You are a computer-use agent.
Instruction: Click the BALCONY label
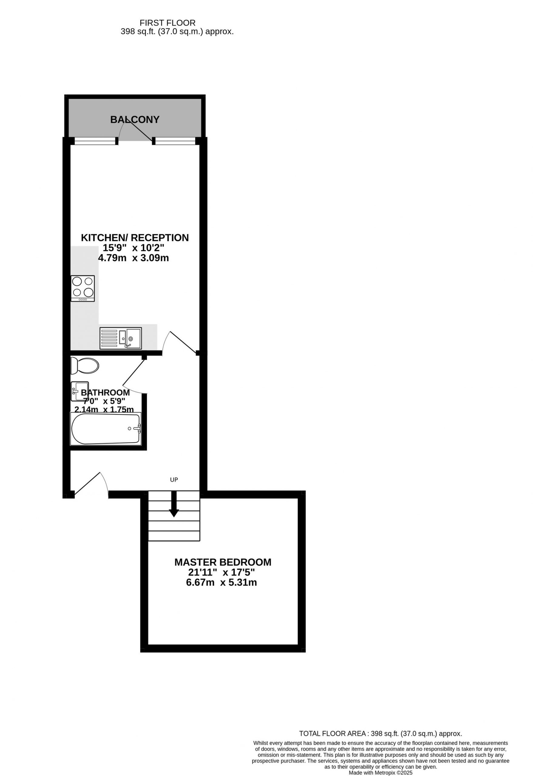point(135,119)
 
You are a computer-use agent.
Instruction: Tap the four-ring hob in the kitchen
point(83,289)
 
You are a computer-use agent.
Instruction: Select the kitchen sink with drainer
point(121,338)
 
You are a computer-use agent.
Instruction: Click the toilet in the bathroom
point(85,366)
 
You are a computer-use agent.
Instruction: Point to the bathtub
point(106,429)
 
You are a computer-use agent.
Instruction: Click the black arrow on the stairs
point(174,504)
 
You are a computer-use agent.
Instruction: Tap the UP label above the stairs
point(174,480)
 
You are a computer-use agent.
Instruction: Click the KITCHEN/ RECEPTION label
point(135,238)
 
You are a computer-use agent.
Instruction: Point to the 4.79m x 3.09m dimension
point(133,258)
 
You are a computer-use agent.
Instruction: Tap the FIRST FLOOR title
point(167,23)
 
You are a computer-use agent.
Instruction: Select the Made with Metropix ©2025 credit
point(381,773)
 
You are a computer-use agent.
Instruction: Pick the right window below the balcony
point(175,142)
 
